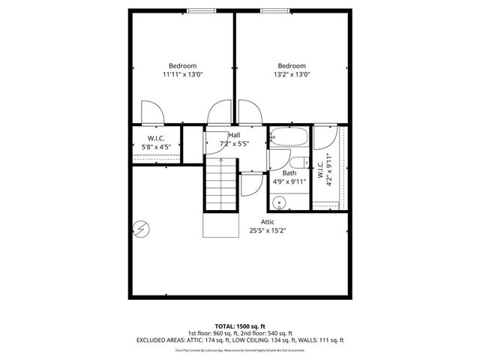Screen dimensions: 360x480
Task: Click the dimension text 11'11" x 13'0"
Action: coord(183,75)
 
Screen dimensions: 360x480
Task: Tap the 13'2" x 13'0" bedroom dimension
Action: coord(292,75)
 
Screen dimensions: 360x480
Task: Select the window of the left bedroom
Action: coord(199,10)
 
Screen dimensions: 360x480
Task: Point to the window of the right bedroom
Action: coord(272,10)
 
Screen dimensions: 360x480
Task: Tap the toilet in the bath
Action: coord(295,163)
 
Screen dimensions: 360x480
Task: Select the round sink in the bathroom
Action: coord(280,201)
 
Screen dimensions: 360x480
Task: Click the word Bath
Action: coord(289,172)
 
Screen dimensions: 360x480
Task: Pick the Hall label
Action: coord(234,134)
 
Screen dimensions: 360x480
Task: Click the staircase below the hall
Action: coord(221,187)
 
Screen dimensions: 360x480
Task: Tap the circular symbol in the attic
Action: coord(141,229)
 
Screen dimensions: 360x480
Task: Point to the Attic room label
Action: coord(268,222)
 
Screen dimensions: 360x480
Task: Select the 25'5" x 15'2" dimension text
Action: coord(268,231)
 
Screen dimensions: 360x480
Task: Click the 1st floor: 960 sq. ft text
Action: coord(212,333)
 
